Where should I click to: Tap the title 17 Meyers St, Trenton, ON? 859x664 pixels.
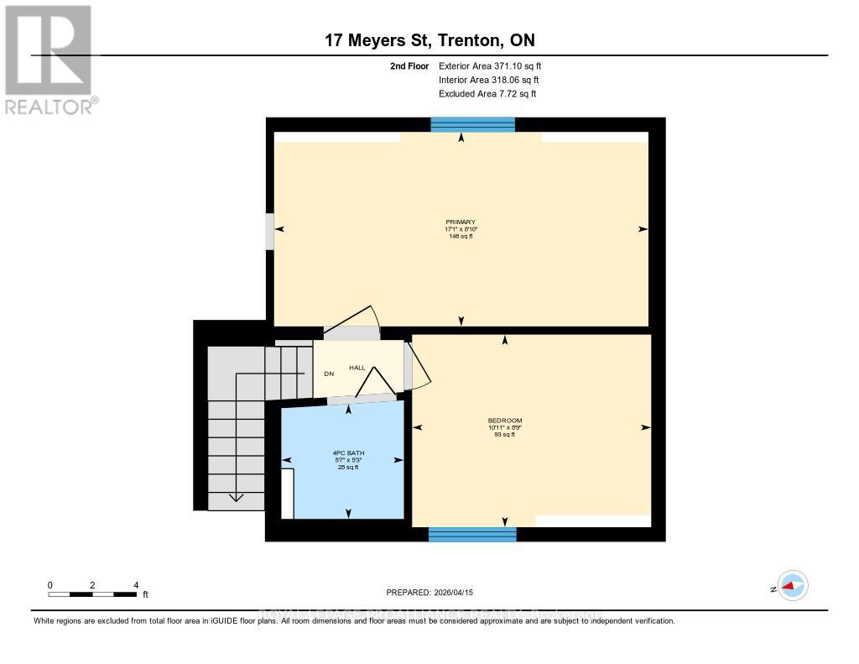[429, 40]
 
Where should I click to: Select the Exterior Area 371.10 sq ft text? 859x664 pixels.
[496, 65]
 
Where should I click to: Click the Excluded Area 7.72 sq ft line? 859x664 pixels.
[487, 94]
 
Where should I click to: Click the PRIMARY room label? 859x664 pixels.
[461, 222]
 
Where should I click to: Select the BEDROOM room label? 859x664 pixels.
[505, 421]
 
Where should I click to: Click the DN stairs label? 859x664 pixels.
[330, 374]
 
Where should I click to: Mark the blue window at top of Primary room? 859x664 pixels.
[472, 124]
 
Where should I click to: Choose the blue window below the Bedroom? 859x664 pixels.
[472, 534]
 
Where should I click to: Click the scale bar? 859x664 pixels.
[92, 594]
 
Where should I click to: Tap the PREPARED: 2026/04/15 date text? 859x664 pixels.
[429, 593]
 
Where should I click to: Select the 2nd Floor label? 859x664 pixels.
[409, 65]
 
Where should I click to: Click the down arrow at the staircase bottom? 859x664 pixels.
[237, 498]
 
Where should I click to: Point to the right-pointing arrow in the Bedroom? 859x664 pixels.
[645, 427]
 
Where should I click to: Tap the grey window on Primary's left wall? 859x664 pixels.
[269, 232]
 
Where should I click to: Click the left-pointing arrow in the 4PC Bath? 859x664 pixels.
[287, 459]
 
